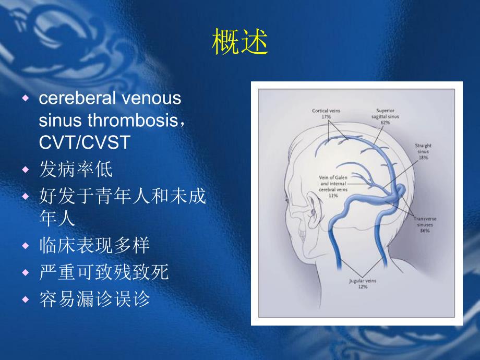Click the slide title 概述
tap(240, 42)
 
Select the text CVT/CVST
tap(84, 143)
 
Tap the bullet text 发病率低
tap(76, 170)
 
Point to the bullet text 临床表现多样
tap(94, 245)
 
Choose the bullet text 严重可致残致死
tap(104, 272)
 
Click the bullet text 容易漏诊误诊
tap(94, 299)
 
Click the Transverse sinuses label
tap(426, 222)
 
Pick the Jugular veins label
tap(362, 281)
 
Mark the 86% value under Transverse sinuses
tap(425, 230)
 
